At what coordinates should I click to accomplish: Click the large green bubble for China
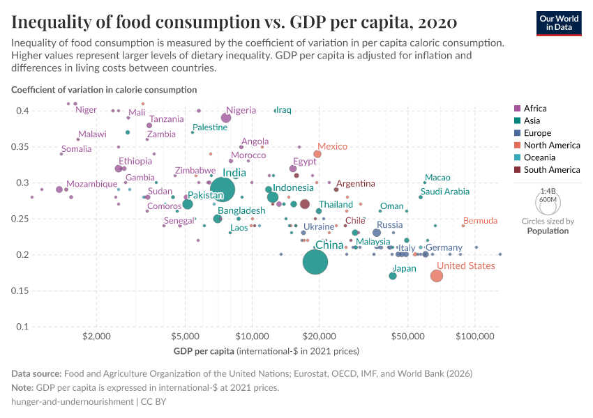316,262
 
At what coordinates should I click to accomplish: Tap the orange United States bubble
437,276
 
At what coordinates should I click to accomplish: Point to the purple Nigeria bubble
226,118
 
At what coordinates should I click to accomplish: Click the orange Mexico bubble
317,154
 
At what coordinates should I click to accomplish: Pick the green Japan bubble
393,276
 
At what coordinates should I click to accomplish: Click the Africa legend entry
534,109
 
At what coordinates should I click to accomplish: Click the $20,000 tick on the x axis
320,335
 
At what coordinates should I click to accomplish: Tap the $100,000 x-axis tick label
475,335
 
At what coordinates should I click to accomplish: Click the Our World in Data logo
559,22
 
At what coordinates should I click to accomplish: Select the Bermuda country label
480,221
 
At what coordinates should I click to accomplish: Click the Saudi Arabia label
445,192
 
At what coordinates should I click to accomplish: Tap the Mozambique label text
92,184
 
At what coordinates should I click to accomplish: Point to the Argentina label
355,184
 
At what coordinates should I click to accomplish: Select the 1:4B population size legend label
548,191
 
